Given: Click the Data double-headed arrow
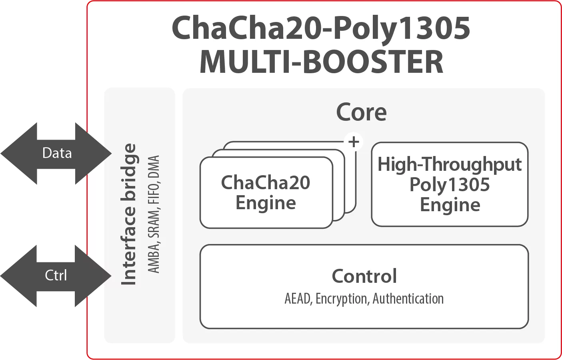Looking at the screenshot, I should tap(56, 153).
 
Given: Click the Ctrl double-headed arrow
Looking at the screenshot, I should tap(56, 275).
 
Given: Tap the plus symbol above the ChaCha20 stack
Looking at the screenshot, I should tap(354, 142).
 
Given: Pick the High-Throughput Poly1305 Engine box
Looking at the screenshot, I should tap(450, 184).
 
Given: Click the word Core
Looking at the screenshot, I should tap(361, 112).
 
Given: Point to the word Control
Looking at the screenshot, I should tap(364, 276).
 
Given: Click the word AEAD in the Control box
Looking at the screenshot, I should tap(298, 299).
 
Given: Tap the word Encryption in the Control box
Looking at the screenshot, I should tap(342, 299).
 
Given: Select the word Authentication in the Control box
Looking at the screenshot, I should tap(408, 299).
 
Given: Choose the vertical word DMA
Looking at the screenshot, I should tap(154, 167).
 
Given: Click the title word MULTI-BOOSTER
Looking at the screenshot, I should tap(321, 62).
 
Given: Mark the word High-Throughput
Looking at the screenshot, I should tap(450, 164).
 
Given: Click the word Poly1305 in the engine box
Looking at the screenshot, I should tap(450, 184).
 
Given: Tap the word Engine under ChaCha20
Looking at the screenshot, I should tap(266, 203).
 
